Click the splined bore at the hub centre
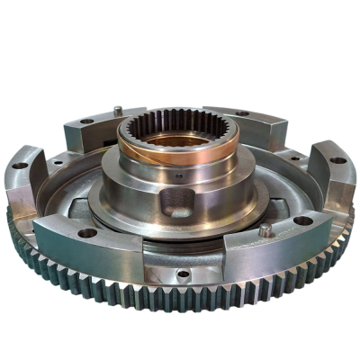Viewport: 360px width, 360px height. (x=180, y=135)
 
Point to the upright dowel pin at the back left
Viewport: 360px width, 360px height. (x=118, y=111)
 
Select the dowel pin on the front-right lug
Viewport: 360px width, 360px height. (x=265, y=230)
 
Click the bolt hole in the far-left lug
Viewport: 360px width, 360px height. (x=20, y=165)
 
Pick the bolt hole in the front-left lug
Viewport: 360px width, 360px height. (x=87, y=232)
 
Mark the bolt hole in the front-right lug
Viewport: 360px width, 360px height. (x=303, y=220)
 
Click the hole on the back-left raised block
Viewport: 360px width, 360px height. (x=86, y=121)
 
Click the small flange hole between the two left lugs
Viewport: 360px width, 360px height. (x=56, y=163)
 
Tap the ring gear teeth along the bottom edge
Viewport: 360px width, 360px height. (x=180, y=301)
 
